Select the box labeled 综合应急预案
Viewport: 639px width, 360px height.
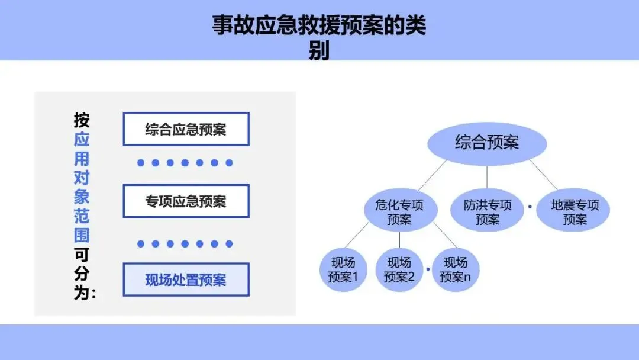point(186,129)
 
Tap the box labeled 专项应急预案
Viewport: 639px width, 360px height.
point(186,201)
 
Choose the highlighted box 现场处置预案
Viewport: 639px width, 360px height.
point(186,279)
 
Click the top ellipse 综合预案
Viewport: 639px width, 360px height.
point(486,143)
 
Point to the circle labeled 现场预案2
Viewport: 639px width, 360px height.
point(399,269)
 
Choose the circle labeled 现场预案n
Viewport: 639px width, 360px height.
point(455,269)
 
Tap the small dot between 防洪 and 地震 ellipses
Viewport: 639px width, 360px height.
point(530,206)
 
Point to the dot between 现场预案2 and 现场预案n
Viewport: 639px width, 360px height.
point(428,270)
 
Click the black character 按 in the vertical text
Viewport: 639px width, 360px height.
point(82,121)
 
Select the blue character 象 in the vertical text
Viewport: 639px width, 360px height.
point(82,197)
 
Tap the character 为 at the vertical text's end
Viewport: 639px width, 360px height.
point(82,293)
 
